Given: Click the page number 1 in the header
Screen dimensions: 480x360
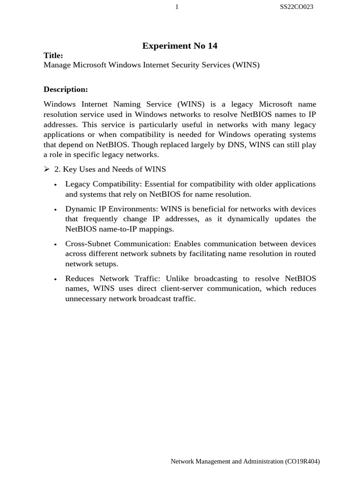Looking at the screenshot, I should (177, 7).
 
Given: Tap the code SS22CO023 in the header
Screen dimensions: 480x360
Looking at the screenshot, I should (296, 7).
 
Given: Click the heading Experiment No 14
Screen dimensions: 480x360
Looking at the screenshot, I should (180, 45).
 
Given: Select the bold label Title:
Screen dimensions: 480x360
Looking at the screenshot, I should (53, 55).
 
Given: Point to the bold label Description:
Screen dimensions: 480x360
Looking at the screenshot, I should (66, 89).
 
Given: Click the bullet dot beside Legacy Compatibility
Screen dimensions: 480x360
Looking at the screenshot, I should (55, 185).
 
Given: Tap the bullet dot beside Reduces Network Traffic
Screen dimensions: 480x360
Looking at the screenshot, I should (55, 279).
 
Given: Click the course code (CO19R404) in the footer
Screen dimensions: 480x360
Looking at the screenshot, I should (302, 461).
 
